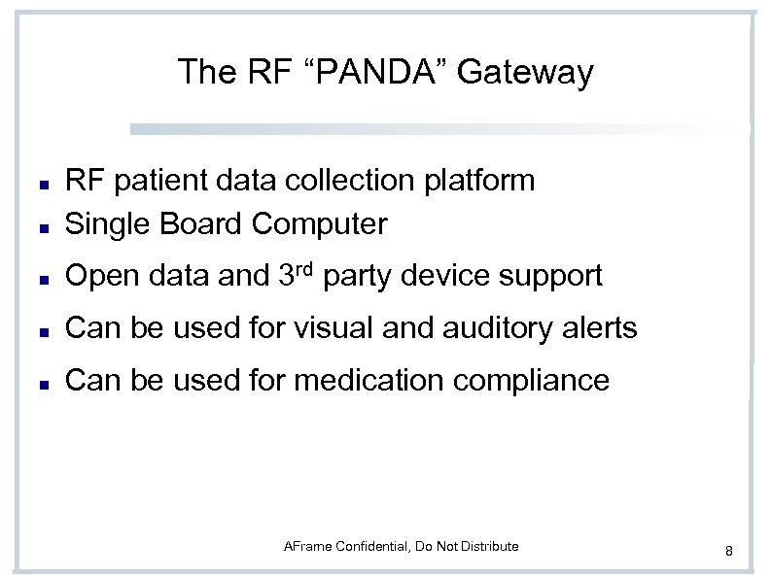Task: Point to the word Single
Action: [x=103, y=224]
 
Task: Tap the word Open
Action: [x=101, y=277]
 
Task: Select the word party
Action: [x=356, y=277]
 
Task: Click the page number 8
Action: [x=728, y=552]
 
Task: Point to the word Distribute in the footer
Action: [x=489, y=547]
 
